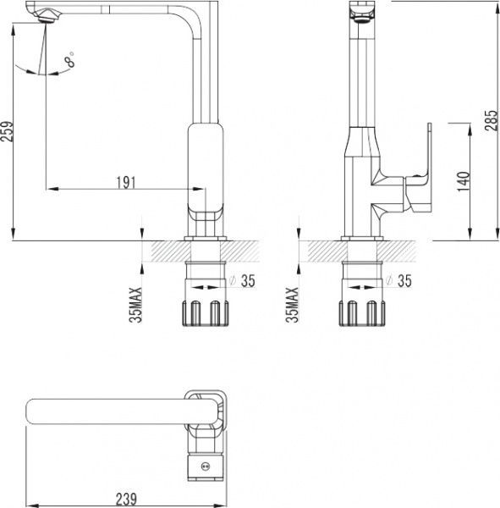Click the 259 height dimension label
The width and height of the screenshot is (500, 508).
coord(7,131)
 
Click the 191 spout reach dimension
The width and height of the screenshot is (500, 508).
coord(126,183)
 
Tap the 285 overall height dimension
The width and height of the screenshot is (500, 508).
coord(492,120)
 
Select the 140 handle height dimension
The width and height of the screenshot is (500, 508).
coord(464,181)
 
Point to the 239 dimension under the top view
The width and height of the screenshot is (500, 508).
coord(126,499)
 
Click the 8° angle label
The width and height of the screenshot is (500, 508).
coord(69,59)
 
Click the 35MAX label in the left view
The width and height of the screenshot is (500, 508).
coord(136,305)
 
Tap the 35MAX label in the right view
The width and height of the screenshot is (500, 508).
coord(292,305)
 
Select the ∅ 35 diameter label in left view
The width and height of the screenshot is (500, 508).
coord(242,280)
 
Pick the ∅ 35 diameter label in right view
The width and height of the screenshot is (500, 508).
coord(398,280)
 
